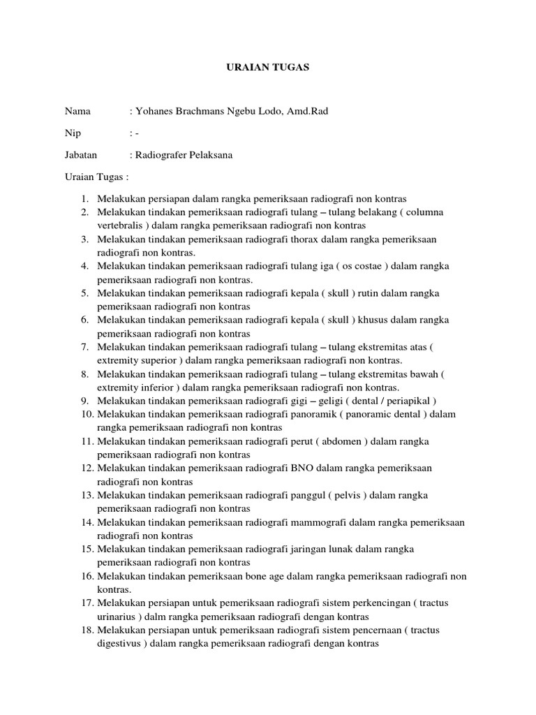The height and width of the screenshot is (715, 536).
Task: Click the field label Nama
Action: (x=78, y=111)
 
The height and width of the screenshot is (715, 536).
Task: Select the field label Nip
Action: (x=73, y=133)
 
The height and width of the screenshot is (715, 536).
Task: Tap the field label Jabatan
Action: (x=81, y=155)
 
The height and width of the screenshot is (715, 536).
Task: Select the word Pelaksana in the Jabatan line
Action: (x=208, y=155)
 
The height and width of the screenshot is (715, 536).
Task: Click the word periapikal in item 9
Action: (x=408, y=401)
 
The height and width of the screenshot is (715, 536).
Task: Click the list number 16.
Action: (x=87, y=576)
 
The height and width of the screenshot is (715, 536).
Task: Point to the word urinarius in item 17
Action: (x=117, y=617)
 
